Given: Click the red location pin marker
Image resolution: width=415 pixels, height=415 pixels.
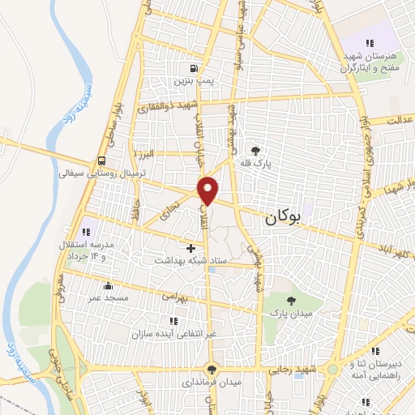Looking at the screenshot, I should [209, 190].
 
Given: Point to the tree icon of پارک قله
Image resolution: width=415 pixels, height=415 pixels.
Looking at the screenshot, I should [256, 150].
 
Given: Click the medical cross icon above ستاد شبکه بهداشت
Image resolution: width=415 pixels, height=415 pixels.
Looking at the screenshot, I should [191, 248].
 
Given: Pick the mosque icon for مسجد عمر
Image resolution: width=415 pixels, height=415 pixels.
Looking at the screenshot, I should [108, 285].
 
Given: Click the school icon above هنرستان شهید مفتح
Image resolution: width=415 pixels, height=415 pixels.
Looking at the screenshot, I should [370, 43].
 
